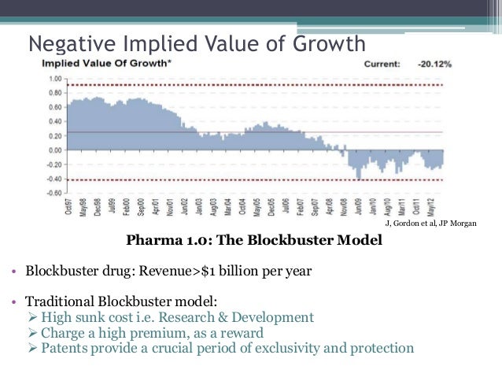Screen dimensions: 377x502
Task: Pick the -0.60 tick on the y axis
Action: pos(54,192)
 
